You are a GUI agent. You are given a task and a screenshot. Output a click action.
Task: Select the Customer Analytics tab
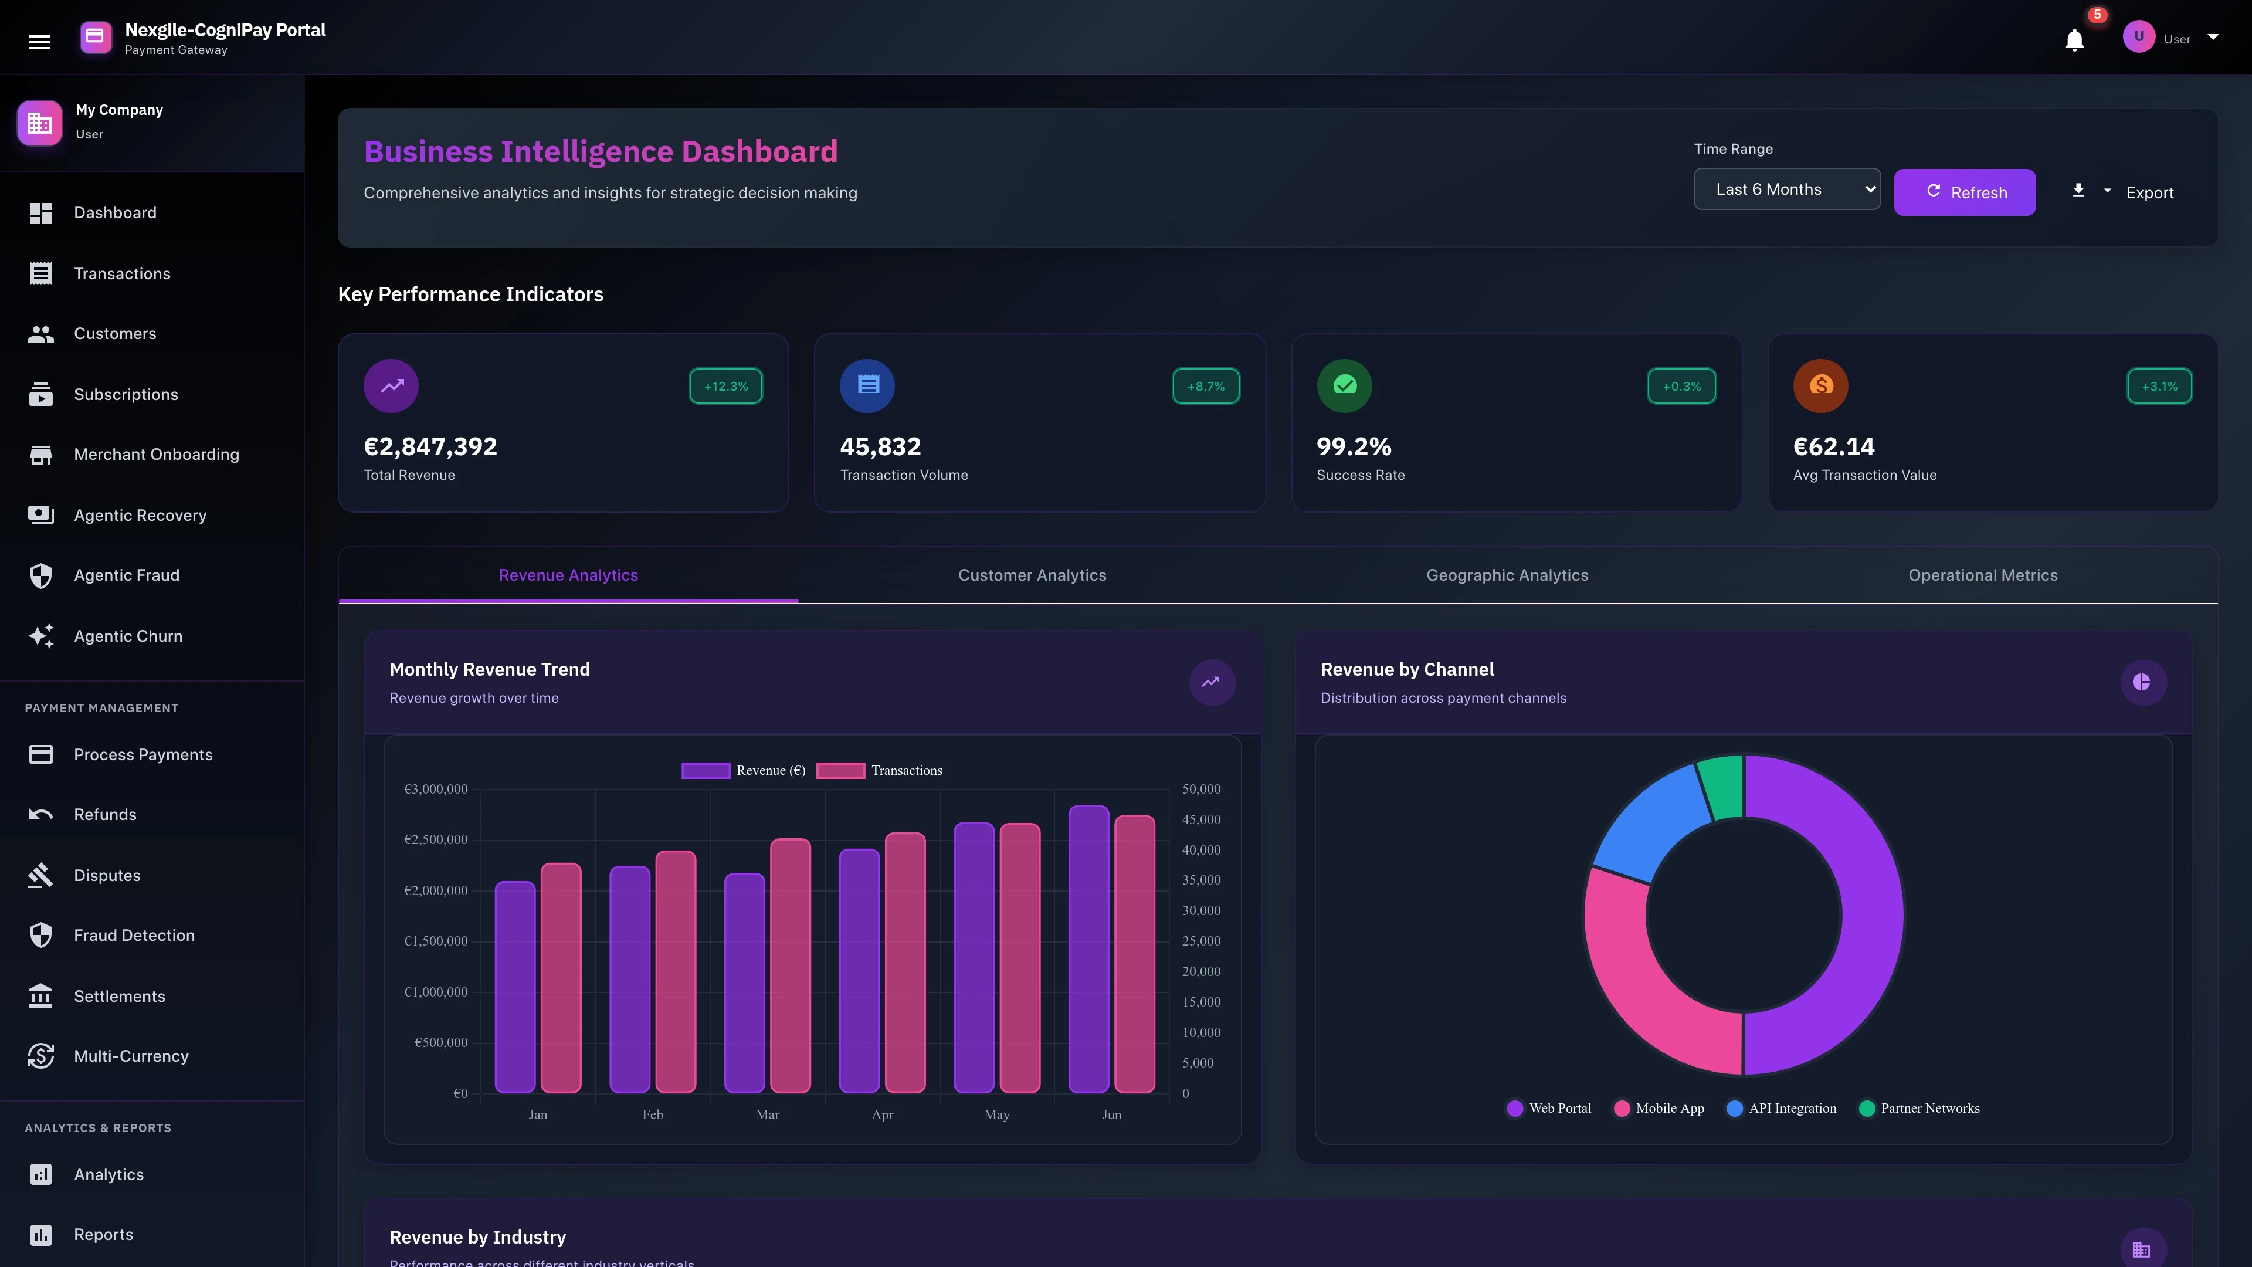pyautogui.click(x=1032, y=575)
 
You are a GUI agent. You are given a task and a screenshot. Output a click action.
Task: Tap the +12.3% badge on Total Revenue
pyautogui.click(x=725, y=387)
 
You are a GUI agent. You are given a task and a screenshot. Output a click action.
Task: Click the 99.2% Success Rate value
pyautogui.click(x=1354, y=447)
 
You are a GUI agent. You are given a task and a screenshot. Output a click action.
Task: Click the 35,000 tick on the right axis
pyautogui.click(x=1201, y=880)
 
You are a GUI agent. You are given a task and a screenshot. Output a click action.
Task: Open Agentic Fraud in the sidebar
pyautogui.click(x=126, y=575)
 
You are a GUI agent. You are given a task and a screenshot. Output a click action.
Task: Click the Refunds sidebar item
pyautogui.click(x=105, y=815)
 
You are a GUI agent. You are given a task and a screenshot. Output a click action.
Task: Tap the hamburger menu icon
pyautogui.click(x=39, y=41)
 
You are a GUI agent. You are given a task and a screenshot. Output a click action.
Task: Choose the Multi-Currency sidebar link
pyautogui.click(x=131, y=1056)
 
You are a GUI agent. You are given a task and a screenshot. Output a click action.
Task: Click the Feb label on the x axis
pyautogui.click(x=652, y=1115)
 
